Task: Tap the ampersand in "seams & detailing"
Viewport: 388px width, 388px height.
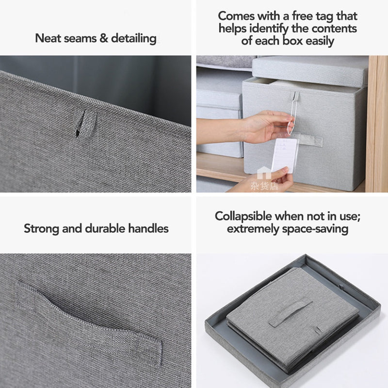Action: coord(104,38)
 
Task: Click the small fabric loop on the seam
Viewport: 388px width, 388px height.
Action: coord(85,123)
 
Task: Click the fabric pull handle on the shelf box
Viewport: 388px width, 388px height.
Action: coord(311,140)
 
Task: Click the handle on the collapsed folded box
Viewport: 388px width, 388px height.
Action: coord(291,312)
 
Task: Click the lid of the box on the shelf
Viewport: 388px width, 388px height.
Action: coord(310,70)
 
